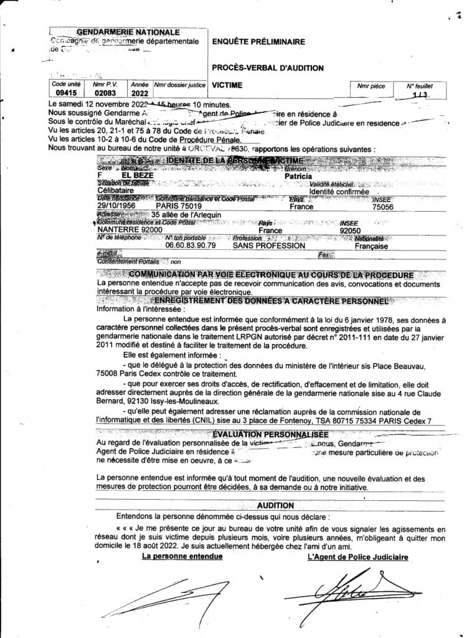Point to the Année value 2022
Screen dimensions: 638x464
pyautogui.click(x=140, y=93)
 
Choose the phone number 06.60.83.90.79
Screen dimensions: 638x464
pyautogui.click(x=190, y=245)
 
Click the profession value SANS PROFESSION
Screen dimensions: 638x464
pyautogui.click(x=268, y=245)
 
